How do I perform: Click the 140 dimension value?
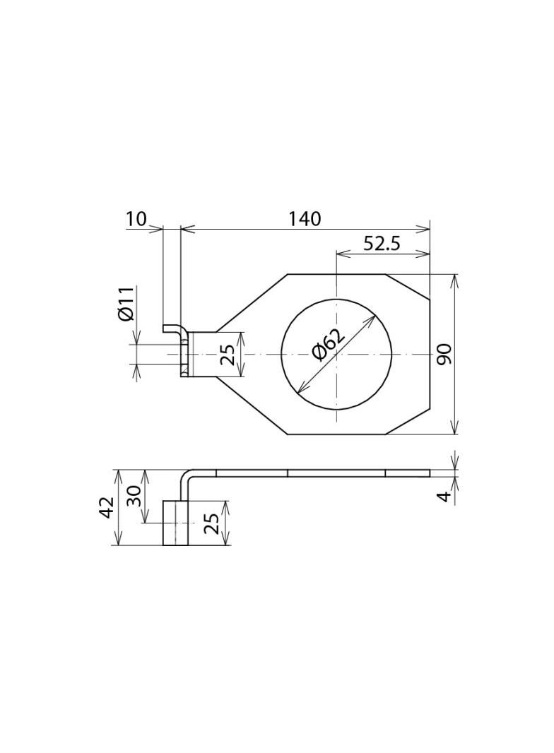pyautogui.click(x=304, y=218)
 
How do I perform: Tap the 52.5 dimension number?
pyautogui.click(x=382, y=244)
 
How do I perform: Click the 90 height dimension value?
pyautogui.click(x=444, y=354)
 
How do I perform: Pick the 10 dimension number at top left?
pyautogui.click(x=136, y=219)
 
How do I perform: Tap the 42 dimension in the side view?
pyautogui.click(x=107, y=507)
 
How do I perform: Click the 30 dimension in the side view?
pyautogui.click(x=134, y=495)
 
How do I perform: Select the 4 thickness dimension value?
pyautogui.click(x=446, y=496)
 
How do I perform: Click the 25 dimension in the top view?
pyautogui.click(x=228, y=355)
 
